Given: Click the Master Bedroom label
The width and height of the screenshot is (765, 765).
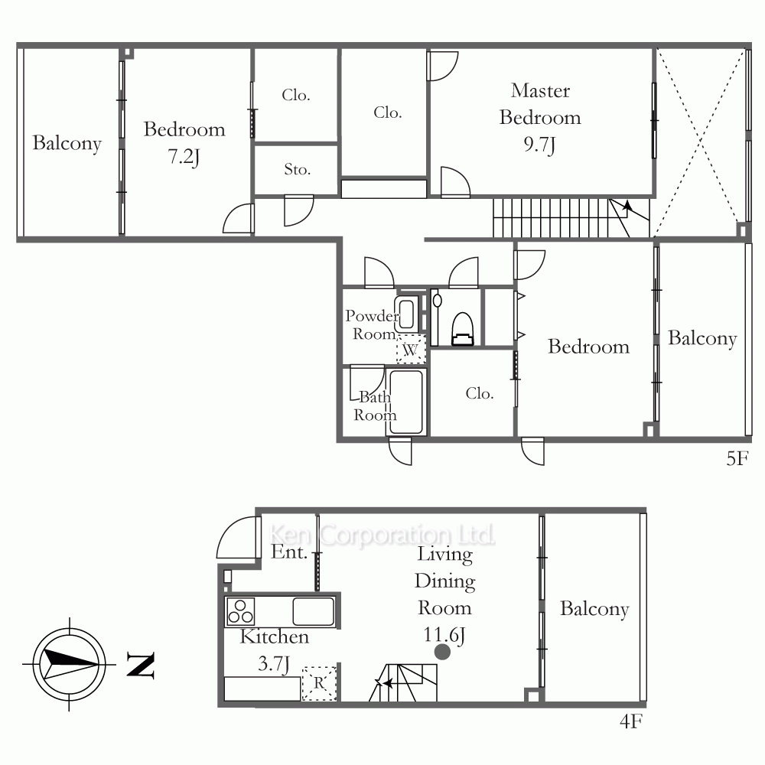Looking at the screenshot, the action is tap(540, 104).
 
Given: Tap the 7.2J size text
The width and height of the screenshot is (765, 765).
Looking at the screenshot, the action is tap(184, 157).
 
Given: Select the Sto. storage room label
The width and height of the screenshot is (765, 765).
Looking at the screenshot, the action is tap(297, 169).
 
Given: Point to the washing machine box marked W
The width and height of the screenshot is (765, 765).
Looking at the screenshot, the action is tap(411, 350).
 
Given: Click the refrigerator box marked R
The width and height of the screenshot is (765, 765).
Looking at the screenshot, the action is tap(319, 683).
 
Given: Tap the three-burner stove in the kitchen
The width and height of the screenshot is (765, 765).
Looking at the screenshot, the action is tap(240, 611).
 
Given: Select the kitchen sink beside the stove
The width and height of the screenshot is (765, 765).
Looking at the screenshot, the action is tap(313, 611).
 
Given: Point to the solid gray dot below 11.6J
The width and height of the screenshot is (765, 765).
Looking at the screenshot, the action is tap(442, 652).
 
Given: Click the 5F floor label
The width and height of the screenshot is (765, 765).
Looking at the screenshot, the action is tap(737, 458).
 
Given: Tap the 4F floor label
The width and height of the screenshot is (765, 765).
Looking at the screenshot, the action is tap(631, 721).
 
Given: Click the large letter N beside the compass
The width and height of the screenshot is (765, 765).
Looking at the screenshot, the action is tap(141, 665).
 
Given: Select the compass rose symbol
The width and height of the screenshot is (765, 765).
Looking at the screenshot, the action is tap(70, 665).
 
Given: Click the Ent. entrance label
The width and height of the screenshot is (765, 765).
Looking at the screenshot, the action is tap(289, 552).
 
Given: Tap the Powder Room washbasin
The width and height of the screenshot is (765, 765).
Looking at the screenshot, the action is tap(406, 314).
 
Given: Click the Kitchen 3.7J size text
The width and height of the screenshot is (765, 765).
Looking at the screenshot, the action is tap(274, 664).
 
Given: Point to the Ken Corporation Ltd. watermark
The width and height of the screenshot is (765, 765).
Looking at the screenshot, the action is tap(382, 535).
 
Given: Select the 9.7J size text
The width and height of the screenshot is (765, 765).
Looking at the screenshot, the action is tap(539, 145).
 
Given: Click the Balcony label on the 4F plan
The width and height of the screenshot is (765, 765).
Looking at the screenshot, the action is tap(594, 609).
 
